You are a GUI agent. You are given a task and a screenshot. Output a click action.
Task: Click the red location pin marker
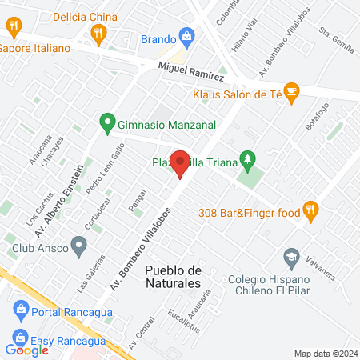click(x=181, y=163)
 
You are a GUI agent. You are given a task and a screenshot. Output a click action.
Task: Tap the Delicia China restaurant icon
click(x=99, y=33)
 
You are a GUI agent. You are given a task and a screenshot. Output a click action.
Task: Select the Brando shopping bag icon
click(x=187, y=36)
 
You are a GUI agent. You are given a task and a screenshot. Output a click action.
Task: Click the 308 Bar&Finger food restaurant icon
click(x=311, y=211)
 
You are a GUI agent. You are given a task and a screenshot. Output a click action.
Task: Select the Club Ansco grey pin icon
click(x=78, y=246)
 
